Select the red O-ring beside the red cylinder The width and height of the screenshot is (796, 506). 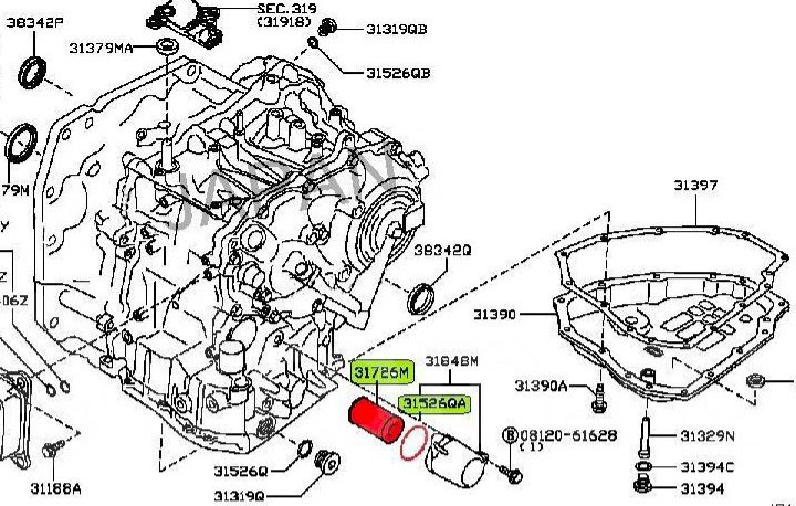click(x=414, y=442)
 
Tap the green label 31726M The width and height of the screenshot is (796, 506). click(x=382, y=373)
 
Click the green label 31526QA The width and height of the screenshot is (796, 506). click(x=434, y=404)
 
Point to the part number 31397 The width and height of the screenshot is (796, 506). click(x=695, y=185)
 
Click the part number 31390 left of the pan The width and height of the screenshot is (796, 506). click(x=494, y=314)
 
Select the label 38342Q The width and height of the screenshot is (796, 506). click(x=443, y=250)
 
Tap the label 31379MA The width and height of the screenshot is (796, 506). click(x=101, y=49)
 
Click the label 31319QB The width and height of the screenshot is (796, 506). click(x=397, y=29)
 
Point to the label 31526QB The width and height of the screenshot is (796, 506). click(x=398, y=73)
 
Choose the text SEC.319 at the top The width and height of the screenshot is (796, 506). click(x=287, y=9)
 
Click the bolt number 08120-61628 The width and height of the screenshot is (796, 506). click(x=568, y=435)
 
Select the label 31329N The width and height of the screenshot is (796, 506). click(x=707, y=436)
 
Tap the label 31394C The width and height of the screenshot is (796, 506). click(x=707, y=467)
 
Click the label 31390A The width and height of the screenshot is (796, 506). click(x=541, y=385)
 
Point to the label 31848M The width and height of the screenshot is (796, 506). click(x=451, y=361)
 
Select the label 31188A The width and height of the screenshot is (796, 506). click(x=55, y=488)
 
